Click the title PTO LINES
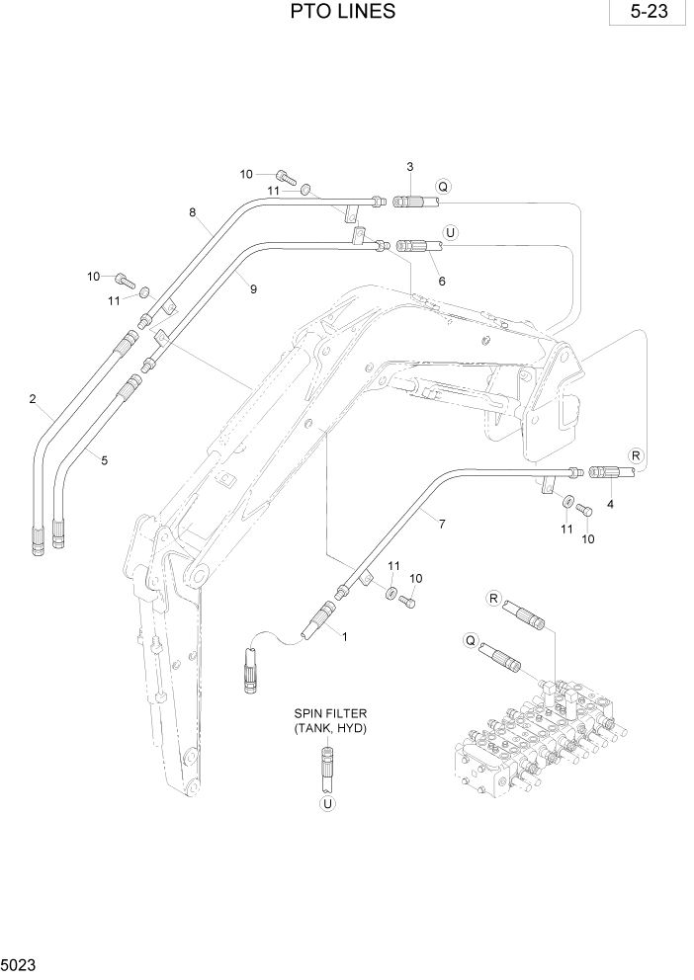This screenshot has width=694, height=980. pos(344,12)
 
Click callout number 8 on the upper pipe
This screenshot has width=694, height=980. pos(193,211)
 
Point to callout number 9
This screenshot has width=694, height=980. pos(253,288)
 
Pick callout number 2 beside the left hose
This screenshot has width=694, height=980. pos(33,399)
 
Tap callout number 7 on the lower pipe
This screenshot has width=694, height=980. pos(441,524)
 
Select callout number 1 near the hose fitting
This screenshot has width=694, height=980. pos(344,637)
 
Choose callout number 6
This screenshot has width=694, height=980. pos(442,282)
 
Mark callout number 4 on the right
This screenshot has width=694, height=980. pos(610,505)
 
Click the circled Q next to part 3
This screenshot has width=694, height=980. pos(443,186)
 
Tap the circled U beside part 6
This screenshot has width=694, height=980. pos(451,233)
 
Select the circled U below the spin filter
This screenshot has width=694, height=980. pos(327,804)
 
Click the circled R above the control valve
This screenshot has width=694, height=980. pos(493,599)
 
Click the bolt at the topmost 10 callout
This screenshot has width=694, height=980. pos(286,177)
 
